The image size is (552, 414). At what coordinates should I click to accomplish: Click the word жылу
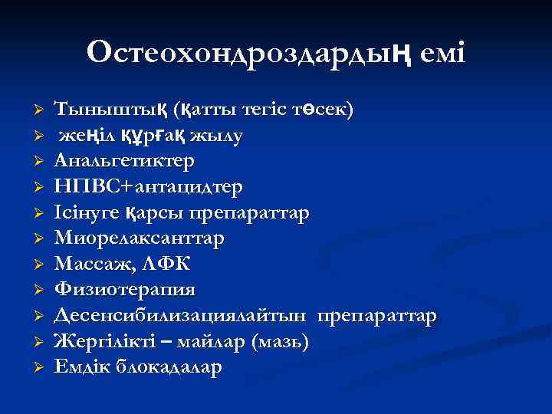pyautogui.click(x=218, y=136)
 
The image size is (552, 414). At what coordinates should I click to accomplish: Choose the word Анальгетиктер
pyautogui.click(x=125, y=161)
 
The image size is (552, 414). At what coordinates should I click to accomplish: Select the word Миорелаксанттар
pyautogui.click(x=140, y=238)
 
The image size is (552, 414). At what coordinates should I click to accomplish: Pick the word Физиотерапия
pyautogui.click(x=125, y=290)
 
